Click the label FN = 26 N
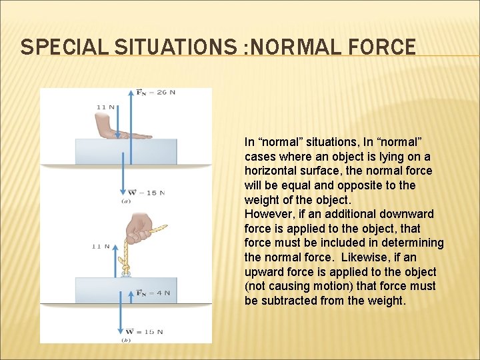coord(155,92)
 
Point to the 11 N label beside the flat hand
coord(106,107)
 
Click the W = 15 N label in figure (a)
coord(145,193)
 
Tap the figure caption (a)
coord(125,201)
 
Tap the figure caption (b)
coord(125,339)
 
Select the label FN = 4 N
coord(153,293)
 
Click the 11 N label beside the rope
coord(101,246)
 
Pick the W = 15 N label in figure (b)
coord(145,331)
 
